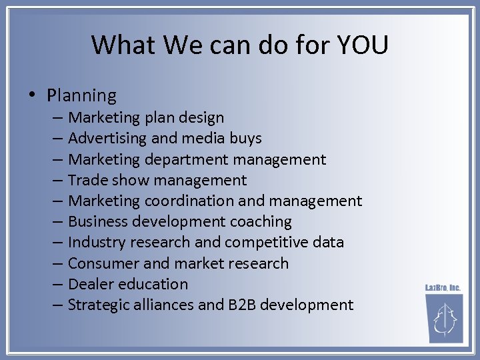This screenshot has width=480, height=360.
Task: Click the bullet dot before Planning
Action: (x=33, y=95)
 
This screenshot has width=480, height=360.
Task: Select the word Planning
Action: (x=82, y=96)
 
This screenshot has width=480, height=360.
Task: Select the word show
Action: (x=131, y=181)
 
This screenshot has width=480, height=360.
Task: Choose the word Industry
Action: (x=97, y=242)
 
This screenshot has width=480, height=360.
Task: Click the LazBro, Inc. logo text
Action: (x=443, y=287)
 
